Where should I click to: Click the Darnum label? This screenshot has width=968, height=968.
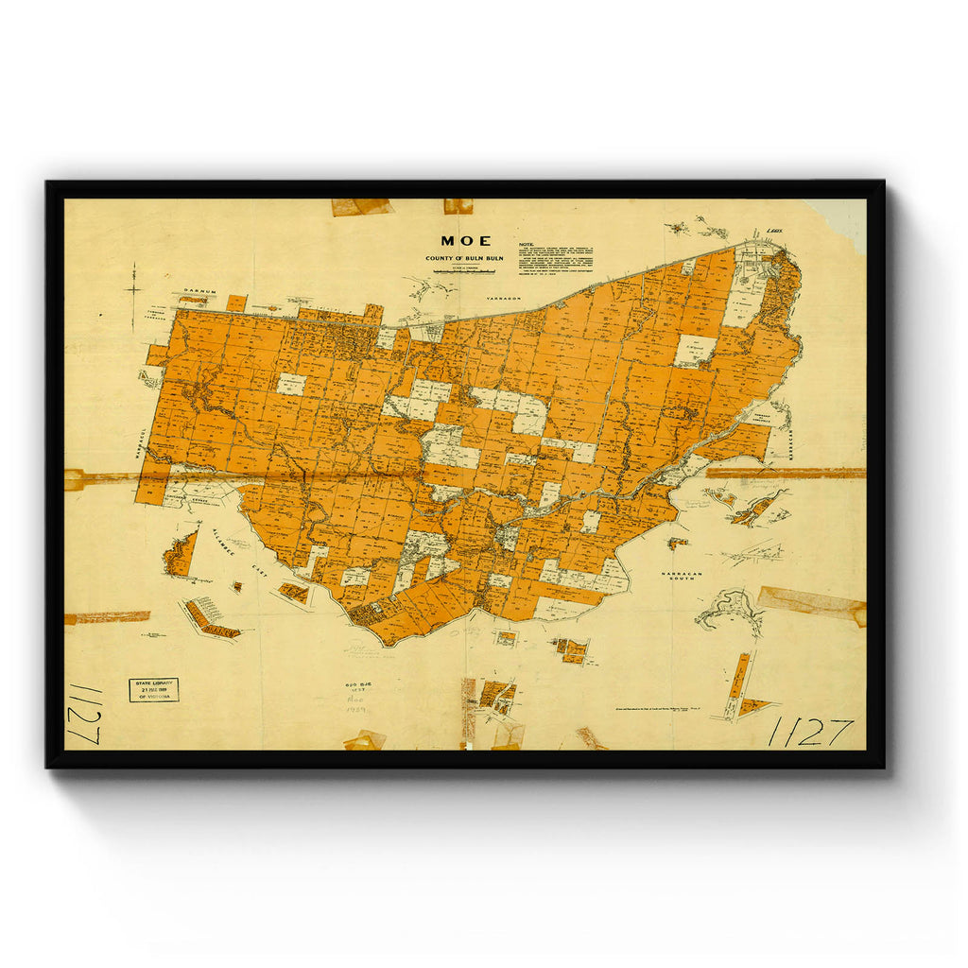tap(200, 293)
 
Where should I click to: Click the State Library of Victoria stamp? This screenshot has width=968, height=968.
tap(153, 689)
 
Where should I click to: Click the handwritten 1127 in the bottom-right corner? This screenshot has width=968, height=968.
tap(810, 731)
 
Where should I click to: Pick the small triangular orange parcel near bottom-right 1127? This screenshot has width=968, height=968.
tap(755, 705)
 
